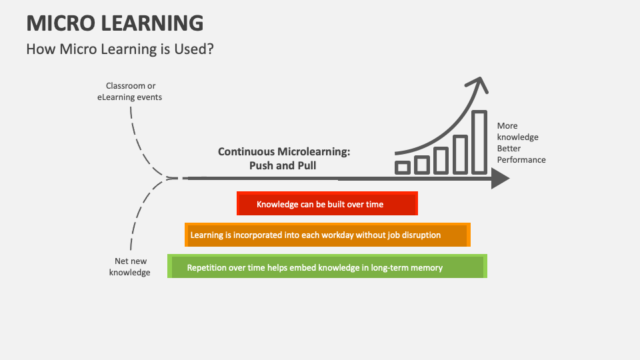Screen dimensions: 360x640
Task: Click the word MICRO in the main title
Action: (x=61, y=23)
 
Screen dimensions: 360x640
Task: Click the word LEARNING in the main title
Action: (x=153, y=23)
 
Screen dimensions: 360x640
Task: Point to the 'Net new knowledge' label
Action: (x=130, y=267)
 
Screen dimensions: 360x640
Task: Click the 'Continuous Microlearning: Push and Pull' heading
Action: (x=284, y=159)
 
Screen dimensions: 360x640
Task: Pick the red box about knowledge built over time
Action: (x=327, y=204)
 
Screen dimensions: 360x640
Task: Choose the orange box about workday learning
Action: (x=327, y=235)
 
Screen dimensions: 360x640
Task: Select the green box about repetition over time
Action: (x=327, y=267)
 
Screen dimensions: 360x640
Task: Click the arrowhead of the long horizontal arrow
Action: (x=501, y=179)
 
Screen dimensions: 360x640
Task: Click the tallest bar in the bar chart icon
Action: (x=479, y=141)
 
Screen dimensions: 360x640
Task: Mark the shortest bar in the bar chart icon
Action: (x=403, y=167)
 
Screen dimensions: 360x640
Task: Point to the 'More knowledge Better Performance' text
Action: (x=521, y=143)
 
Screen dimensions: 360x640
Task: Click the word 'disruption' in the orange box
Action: (x=417, y=235)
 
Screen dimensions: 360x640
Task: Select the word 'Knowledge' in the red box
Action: (x=277, y=204)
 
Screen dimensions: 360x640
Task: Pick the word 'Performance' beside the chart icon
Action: (x=521, y=160)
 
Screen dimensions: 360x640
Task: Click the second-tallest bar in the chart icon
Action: (x=460, y=154)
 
